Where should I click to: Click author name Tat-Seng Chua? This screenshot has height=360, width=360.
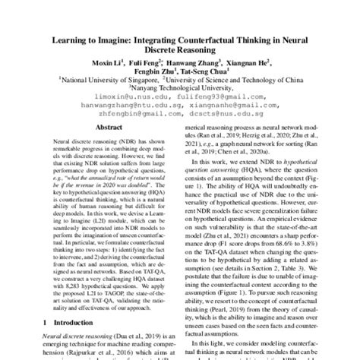(204, 76)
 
